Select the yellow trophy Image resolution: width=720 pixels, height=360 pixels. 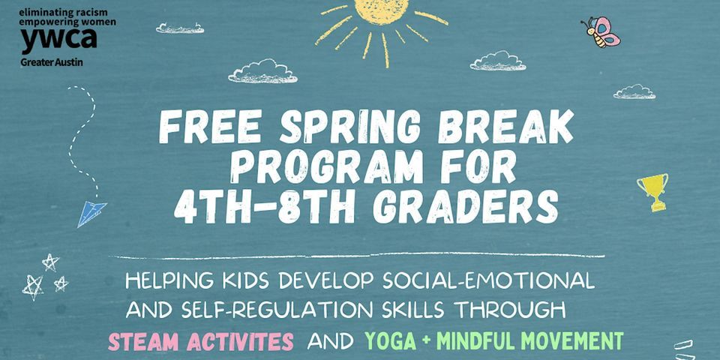(x=652, y=191)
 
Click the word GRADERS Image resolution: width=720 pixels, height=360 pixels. (x=465, y=207)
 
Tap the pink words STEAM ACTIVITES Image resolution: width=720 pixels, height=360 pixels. (x=200, y=341)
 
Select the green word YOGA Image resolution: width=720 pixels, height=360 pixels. (x=390, y=341)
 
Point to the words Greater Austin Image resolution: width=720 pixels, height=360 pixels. (x=51, y=61)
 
